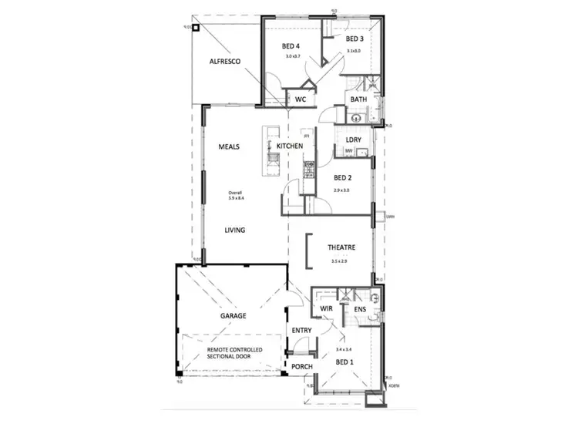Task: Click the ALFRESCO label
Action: pos(227,62)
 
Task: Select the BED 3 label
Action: pos(354,39)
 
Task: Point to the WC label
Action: pos(300,99)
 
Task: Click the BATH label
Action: pos(358,99)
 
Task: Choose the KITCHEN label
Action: pos(290,146)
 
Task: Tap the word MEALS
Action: pos(230,146)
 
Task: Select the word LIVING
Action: pos(235,230)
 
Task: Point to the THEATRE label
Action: pos(341,248)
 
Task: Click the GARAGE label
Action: pos(234,316)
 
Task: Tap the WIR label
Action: pos(327,309)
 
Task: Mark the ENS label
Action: pos(359,309)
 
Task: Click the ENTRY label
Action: pos(301,331)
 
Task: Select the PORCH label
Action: pos(301,366)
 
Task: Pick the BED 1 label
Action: pos(344,361)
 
